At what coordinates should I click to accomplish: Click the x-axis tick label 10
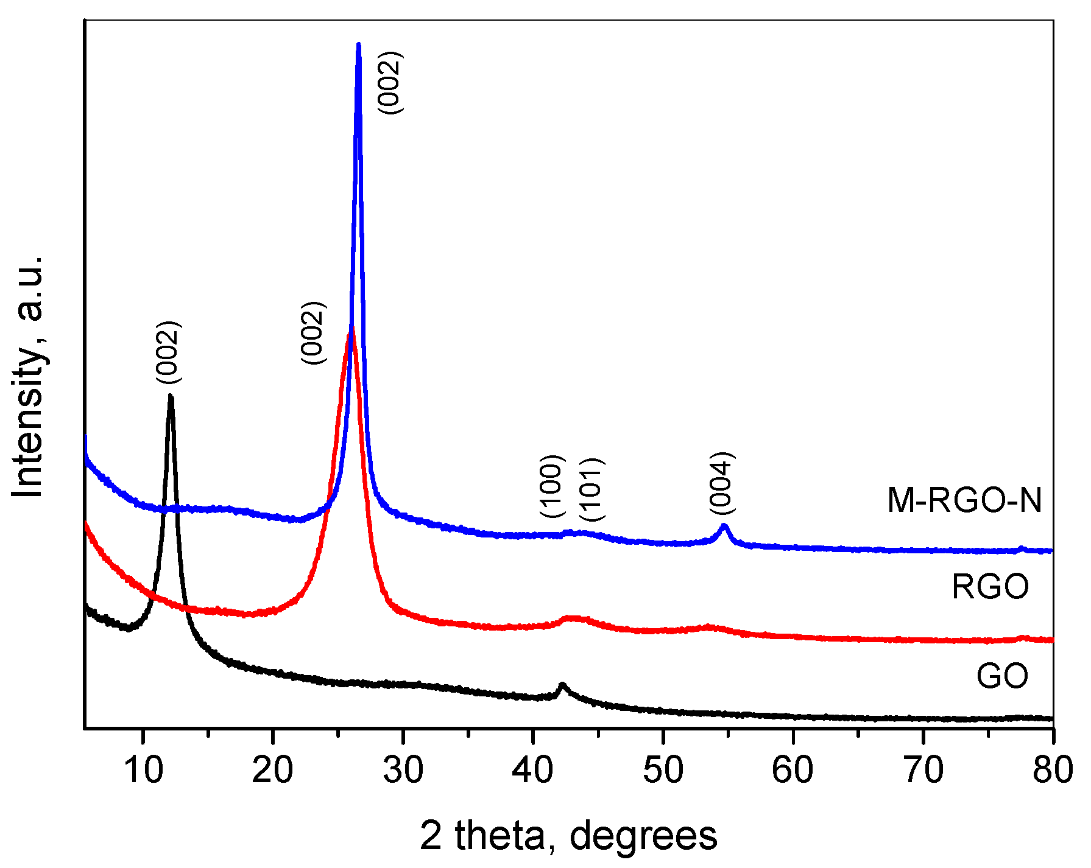(144, 769)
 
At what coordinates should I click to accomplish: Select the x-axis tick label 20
(272, 769)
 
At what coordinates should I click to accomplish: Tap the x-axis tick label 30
(403, 769)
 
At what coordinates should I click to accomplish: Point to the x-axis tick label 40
(532, 769)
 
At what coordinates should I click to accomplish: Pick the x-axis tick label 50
(663, 769)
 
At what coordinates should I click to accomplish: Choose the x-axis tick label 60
(793, 769)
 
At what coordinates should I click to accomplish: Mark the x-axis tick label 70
(923, 769)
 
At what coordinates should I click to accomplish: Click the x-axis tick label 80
(1053, 769)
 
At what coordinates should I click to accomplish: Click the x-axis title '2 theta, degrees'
(568, 836)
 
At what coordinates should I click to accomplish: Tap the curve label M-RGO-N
(965, 500)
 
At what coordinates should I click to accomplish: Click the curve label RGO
(990, 587)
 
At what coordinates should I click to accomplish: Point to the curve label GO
(1003, 675)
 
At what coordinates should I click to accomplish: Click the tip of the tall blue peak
(358, 44)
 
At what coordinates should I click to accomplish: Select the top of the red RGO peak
(351, 329)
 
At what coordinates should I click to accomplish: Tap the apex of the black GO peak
(171, 396)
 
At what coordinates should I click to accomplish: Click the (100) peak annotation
(553, 486)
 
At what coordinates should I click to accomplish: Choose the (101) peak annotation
(591, 489)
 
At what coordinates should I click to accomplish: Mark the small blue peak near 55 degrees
(724, 525)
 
